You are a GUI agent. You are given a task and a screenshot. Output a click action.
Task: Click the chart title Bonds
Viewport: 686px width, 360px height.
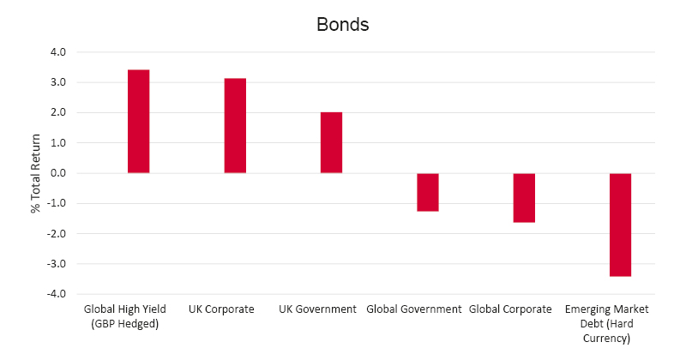click(x=342, y=24)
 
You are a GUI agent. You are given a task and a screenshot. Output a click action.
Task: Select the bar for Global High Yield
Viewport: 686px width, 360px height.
click(x=139, y=121)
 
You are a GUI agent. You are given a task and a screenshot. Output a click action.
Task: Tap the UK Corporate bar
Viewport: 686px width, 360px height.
click(x=235, y=125)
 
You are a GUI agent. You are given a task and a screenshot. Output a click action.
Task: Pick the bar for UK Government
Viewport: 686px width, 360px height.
click(x=331, y=142)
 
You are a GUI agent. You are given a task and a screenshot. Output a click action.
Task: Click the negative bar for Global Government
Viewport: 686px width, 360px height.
click(x=428, y=192)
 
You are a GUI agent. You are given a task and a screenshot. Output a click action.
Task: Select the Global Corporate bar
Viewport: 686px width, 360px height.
click(x=524, y=198)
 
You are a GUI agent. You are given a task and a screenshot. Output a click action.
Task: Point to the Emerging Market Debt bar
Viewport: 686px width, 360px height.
click(x=620, y=225)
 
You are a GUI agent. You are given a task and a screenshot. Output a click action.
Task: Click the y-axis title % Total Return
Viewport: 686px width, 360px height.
click(x=36, y=173)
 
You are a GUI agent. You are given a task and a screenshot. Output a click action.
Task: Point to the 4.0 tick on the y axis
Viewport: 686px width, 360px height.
click(x=57, y=52)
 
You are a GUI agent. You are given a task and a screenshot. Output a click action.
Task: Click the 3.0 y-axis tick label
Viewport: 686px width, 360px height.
click(x=57, y=82)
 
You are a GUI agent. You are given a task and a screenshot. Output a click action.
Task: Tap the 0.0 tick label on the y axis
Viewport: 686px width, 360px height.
click(x=57, y=173)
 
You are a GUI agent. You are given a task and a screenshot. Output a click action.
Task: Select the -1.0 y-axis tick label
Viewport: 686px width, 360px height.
click(x=56, y=203)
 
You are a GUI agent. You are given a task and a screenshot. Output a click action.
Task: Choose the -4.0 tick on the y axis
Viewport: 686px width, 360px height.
click(x=56, y=294)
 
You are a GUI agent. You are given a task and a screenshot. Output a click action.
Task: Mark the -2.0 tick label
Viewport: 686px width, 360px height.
click(x=56, y=233)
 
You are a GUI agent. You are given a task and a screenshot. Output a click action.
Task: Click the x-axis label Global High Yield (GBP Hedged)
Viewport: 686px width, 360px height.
click(x=127, y=316)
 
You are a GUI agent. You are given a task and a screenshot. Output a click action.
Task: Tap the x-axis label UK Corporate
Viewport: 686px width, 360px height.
click(x=221, y=309)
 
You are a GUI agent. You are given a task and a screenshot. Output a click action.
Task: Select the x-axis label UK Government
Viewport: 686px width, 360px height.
click(x=317, y=309)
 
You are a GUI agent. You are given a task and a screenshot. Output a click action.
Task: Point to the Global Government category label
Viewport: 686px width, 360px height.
click(x=414, y=309)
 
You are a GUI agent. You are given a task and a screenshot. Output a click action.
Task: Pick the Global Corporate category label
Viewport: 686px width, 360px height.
click(x=511, y=309)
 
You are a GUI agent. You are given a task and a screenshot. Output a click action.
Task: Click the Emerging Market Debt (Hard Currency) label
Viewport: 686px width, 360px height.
click(x=607, y=323)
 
